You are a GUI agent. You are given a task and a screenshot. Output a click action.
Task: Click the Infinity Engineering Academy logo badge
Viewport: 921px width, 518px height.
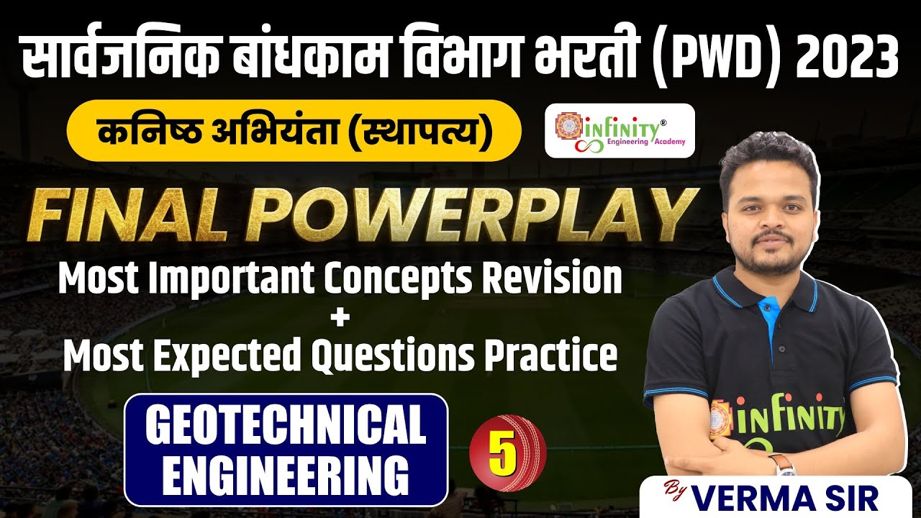[620, 130]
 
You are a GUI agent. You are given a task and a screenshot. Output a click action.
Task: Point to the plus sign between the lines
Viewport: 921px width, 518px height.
[338, 317]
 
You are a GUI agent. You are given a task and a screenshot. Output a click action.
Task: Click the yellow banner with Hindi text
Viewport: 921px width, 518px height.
[293, 130]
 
